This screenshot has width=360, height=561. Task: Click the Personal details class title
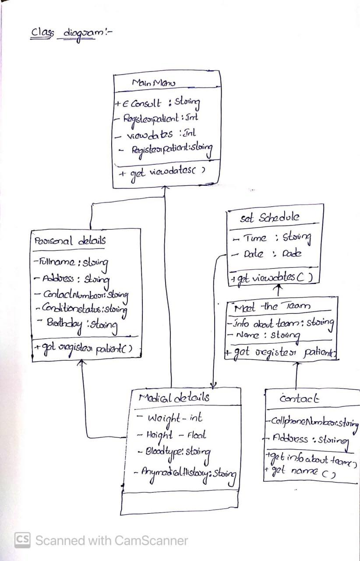pos(70,241)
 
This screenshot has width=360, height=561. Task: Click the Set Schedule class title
pos(269,218)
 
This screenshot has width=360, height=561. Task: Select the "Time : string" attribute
pos(272,238)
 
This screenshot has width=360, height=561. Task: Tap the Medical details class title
pos(174,398)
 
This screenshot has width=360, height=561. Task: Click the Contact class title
pos(300,399)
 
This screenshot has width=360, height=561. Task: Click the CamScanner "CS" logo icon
pos(22,540)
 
